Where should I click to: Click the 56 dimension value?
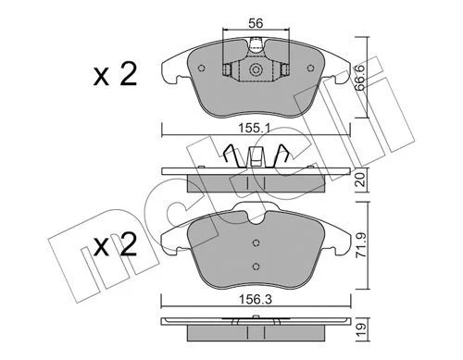[x=256, y=23]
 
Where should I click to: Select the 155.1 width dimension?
[x=255, y=128]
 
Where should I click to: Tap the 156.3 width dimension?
[x=256, y=299]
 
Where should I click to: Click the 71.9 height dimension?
[x=361, y=245]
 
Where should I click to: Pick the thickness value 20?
[x=361, y=180]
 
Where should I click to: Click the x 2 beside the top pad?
[x=115, y=75]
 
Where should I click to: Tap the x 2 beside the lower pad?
[x=115, y=244]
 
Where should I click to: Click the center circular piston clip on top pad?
[x=256, y=69]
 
